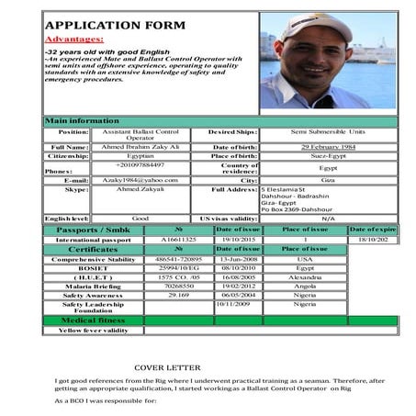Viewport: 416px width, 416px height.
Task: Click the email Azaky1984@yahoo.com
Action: pyautogui.click(x=141, y=181)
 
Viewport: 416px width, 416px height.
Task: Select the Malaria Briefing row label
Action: pyautogui.click(x=93, y=286)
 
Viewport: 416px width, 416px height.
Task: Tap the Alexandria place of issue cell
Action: pyautogui.click(x=305, y=275)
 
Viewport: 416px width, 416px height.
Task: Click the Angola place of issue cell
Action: pyautogui.click(x=305, y=286)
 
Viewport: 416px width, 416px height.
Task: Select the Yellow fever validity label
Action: pyautogui.click(x=93, y=330)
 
